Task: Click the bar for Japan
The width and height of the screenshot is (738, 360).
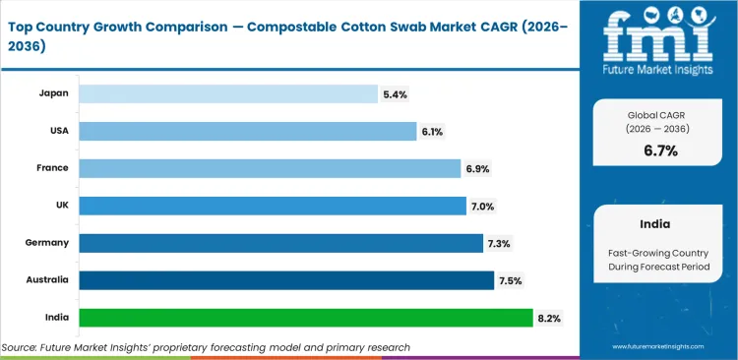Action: (x=228, y=94)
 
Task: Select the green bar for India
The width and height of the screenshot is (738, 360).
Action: (x=305, y=318)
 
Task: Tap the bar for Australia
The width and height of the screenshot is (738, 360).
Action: (x=285, y=280)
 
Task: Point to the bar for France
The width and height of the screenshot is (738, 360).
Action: (x=270, y=168)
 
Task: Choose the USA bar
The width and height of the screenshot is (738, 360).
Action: (x=248, y=131)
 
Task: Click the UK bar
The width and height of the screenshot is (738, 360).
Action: (x=272, y=206)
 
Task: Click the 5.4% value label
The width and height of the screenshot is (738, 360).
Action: (x=395, y=94)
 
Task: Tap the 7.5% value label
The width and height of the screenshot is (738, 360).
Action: (x=511, y=280)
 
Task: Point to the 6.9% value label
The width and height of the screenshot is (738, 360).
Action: (x=477, y=168)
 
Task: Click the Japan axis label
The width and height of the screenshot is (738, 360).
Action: (x=54, y=94)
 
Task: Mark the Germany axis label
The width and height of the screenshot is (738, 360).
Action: (x=47, y=243)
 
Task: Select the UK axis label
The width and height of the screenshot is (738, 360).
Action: (x=62, y=206)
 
